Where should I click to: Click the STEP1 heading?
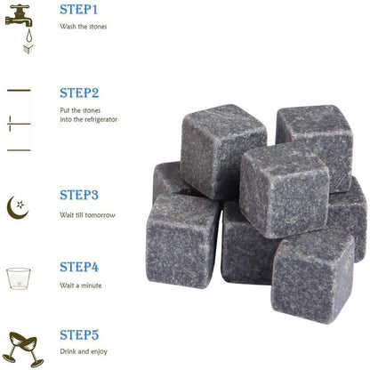point(78,10)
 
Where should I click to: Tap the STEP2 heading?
point(79,93)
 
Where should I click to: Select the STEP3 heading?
point(79,195)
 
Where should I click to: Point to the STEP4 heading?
point(79,267)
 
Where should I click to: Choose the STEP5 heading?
point(79,335)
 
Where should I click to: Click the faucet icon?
point(19,17)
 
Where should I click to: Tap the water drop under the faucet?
point(28,36)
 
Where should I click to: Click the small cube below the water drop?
point(28,49)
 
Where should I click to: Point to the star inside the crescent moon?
point(20,205)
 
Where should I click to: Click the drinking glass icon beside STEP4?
point(19,278)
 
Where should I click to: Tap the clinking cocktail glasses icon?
point(25,350)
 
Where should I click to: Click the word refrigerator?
point(101,120)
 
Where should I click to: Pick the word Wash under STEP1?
point(68,27)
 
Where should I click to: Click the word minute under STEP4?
point(92,286)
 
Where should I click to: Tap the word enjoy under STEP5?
point(99,352)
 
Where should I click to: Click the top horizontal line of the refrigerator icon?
point(19,91)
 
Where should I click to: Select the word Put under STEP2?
point(65,110)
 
